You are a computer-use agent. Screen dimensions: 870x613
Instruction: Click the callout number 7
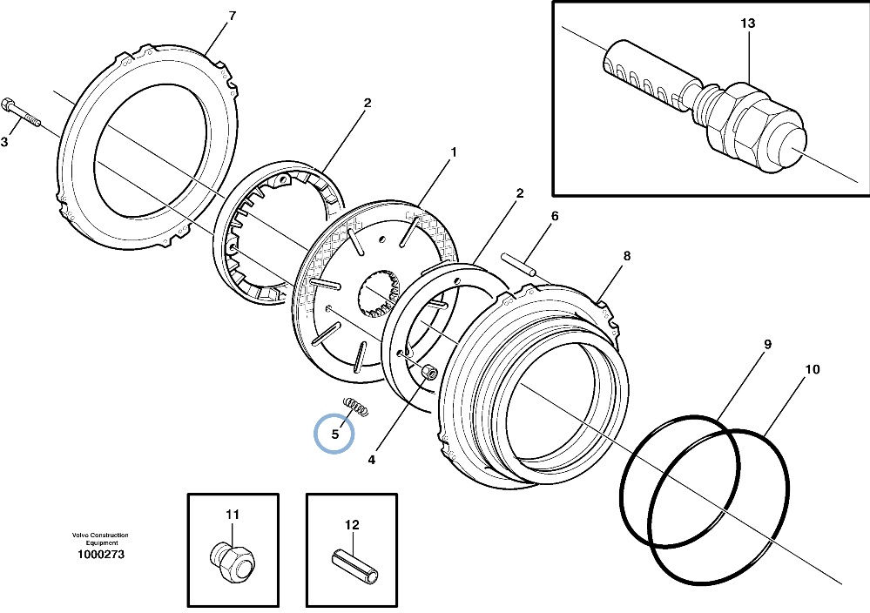232,16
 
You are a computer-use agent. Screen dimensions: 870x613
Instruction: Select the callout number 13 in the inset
747,24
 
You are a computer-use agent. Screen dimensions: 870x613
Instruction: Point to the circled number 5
334,434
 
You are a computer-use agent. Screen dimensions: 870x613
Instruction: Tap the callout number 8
626,256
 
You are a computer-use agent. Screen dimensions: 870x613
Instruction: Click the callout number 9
768,344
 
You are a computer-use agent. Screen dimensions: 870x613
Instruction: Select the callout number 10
812,369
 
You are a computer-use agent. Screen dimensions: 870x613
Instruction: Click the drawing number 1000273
101,554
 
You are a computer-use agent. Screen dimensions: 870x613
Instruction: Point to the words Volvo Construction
100,536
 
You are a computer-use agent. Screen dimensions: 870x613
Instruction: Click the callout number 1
454,152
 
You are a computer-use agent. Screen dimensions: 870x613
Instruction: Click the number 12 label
352,525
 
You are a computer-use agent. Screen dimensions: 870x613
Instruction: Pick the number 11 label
233,515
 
